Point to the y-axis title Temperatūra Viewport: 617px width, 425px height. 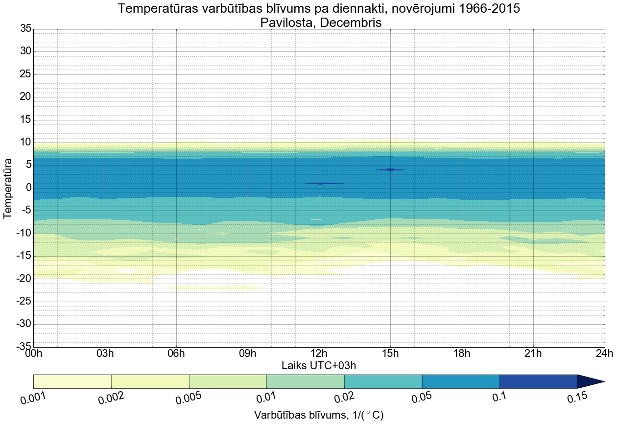click(8, 188)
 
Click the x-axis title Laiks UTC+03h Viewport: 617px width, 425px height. click(319, 365)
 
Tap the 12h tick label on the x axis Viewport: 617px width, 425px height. click(319, 354)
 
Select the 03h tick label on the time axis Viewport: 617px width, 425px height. click(105, 354)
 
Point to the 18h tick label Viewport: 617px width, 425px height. click(462, 354)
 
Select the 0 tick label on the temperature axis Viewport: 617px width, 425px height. click(28, 188)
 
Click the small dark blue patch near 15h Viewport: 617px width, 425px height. click(390, 169)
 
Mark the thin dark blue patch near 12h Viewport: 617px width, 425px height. click(324, 183)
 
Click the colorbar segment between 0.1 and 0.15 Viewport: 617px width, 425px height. click(538, 381)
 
